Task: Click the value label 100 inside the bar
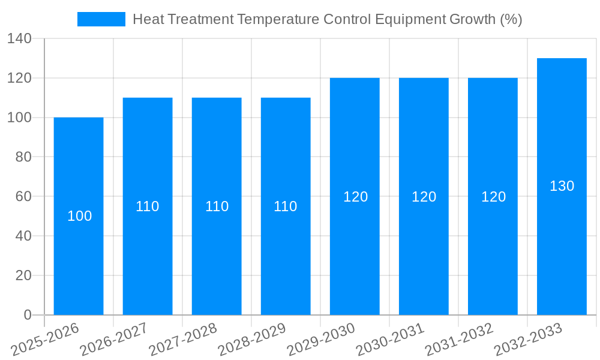click(79, 216)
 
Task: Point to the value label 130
click(562, 186)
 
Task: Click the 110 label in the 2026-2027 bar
click(148, 206)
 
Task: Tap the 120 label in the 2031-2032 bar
click(493, 197)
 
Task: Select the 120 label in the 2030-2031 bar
click(424, 197)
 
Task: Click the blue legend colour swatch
click(101, 19)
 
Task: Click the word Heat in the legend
click(146, 19)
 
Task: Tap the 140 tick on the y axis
click(20, 39)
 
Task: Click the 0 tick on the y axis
click(28, 315)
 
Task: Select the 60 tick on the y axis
click(23, 196)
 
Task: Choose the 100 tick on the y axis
click(20, 118)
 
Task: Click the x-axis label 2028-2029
click(251, 339)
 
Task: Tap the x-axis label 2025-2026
click(44, 339)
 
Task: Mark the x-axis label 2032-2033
click(527, 339)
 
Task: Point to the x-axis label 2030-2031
click(389, 339)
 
